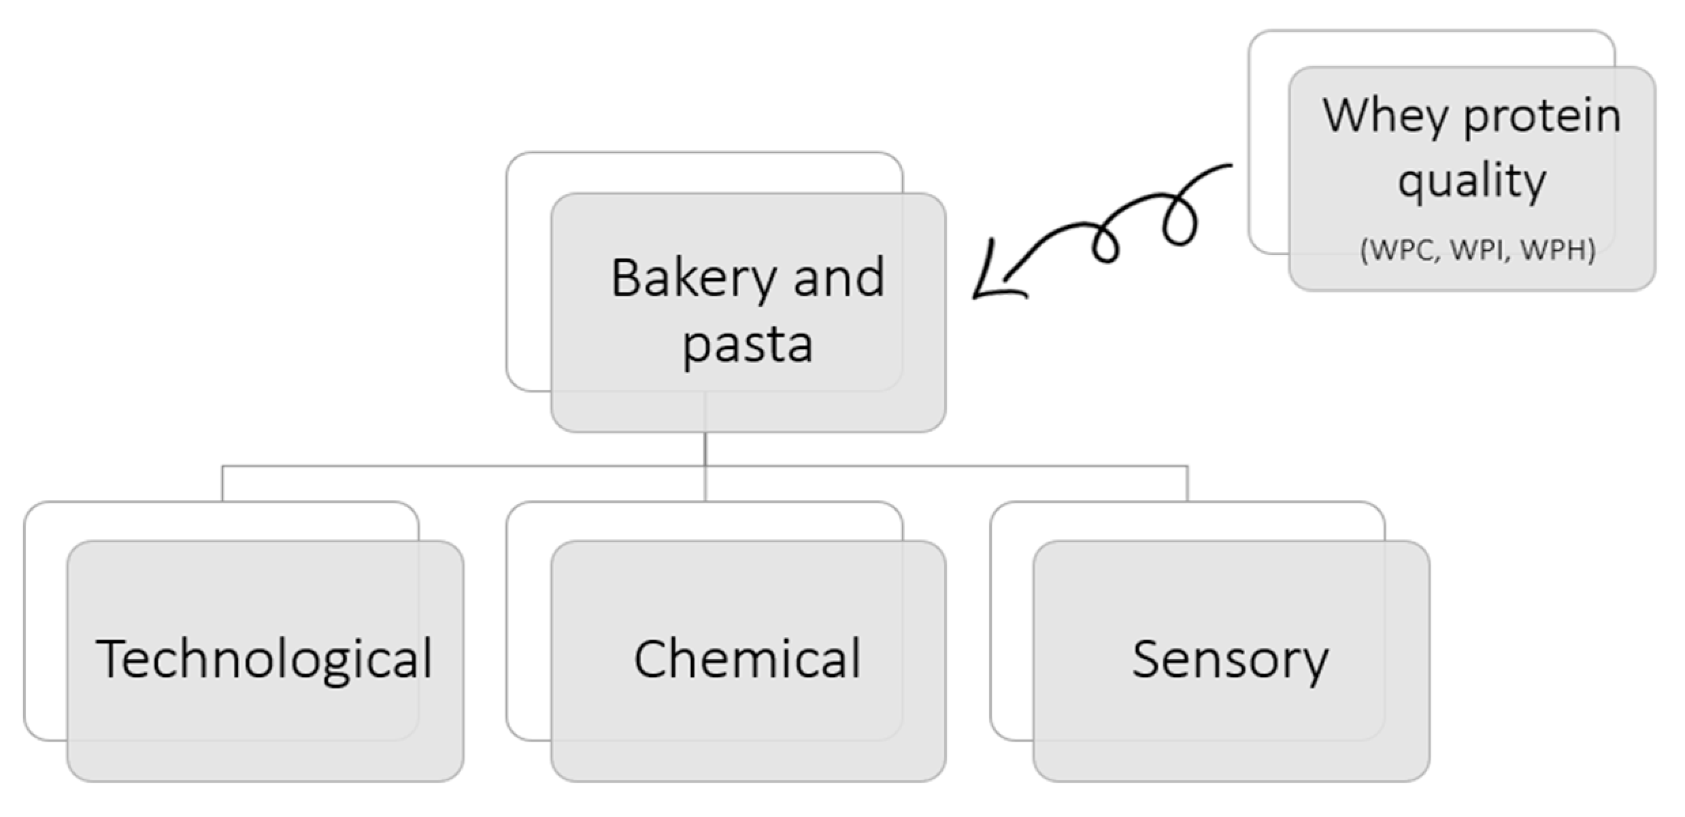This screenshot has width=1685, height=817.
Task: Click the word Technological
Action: (x=264, y=659)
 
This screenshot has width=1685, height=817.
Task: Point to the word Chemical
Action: (x=747, y=659)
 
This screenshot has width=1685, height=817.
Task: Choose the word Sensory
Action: (x=1229, y=659)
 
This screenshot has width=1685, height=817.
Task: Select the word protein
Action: (x=1541, y=116)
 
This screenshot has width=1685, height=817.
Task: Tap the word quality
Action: (x=1471, y=181)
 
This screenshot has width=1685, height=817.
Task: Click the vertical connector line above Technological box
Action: (x=222, y=484)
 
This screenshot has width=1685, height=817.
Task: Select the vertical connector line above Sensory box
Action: (x=1187, y=484)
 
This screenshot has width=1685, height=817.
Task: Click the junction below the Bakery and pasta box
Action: (x=705, y=466)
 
